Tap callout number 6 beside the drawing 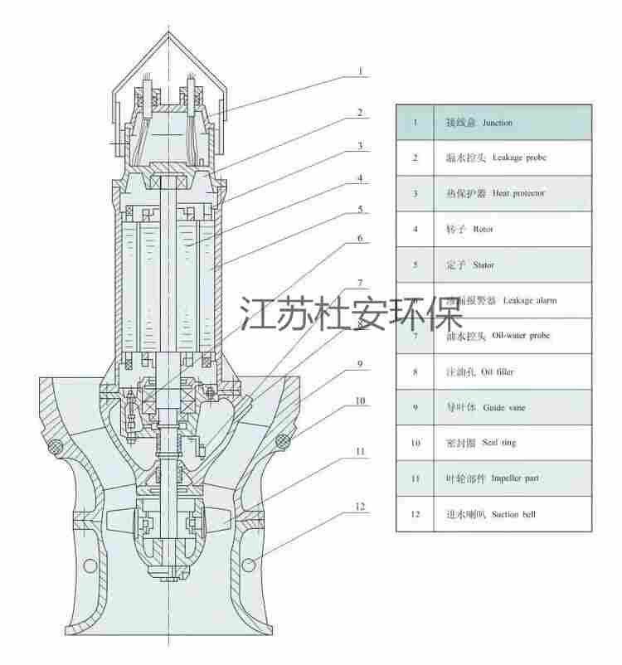click(360, 238)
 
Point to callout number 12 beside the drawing click(360, 506)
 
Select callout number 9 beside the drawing click(360, 363)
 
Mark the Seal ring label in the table click(498, 443)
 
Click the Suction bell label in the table click(513, 514)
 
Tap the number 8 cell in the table click(415, 372)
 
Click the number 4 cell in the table click(415, 230)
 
